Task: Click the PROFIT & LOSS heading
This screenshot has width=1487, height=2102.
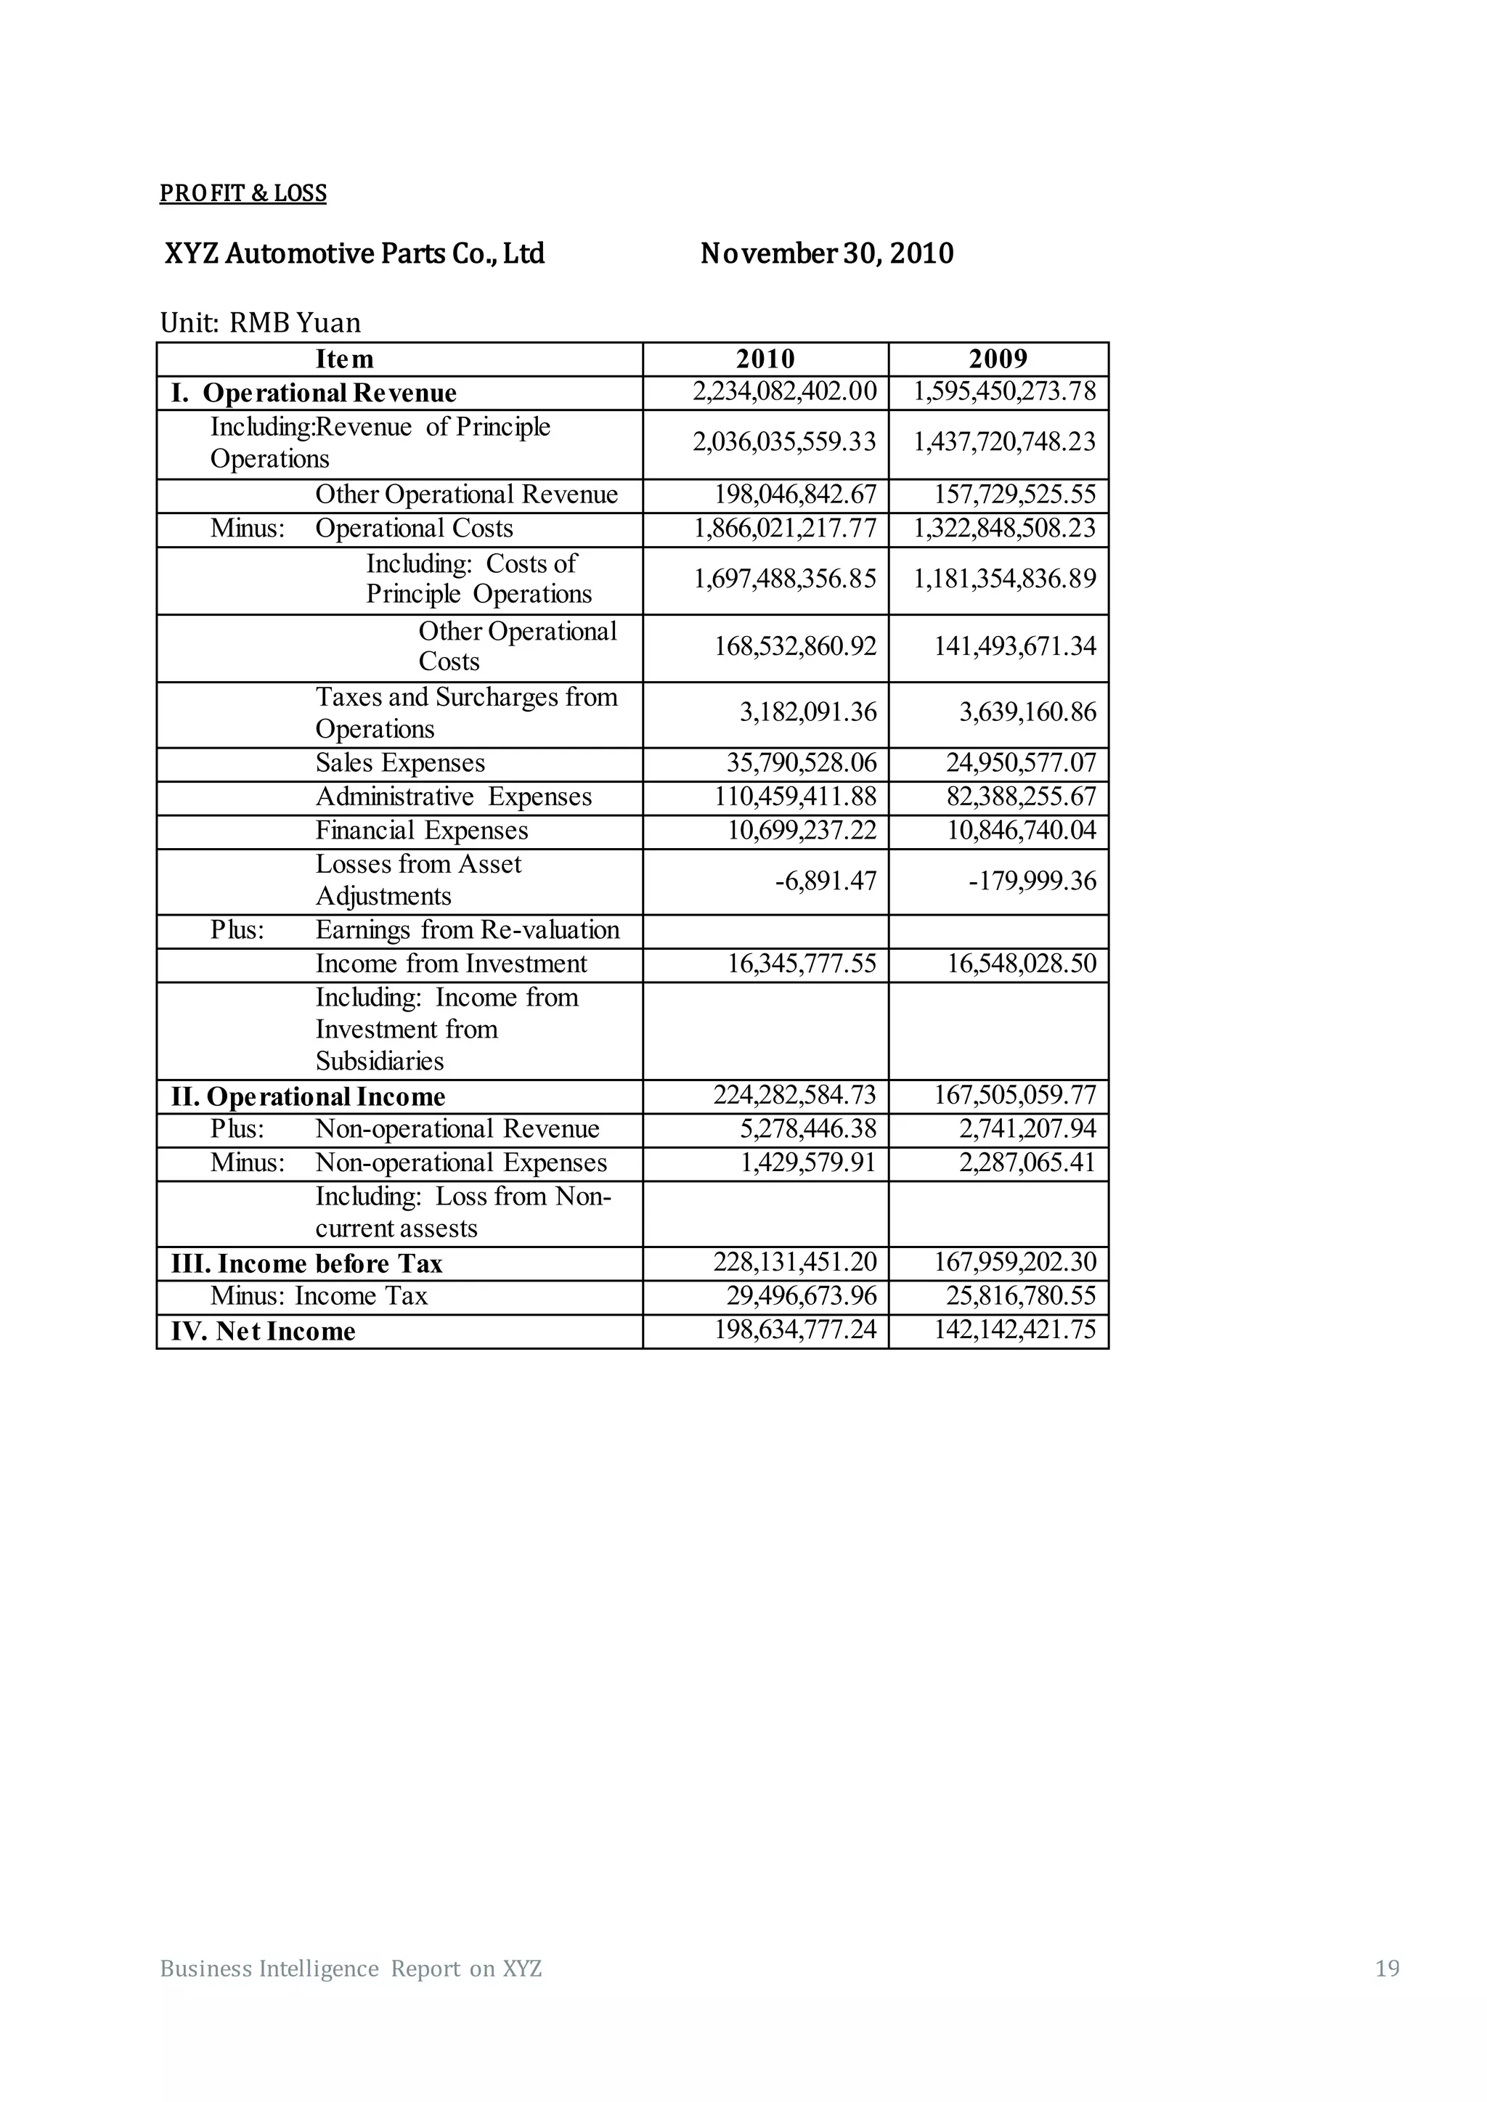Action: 243,193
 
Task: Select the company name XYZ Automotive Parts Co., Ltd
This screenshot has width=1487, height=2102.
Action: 354,253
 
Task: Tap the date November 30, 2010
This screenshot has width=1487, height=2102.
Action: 827,253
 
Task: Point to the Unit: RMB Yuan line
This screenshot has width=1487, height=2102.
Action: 260,323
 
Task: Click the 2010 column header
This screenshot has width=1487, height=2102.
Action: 765,359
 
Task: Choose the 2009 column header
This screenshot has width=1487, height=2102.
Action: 998,359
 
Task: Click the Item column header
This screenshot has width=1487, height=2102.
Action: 344,359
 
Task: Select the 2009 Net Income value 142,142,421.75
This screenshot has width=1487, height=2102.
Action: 1014,1330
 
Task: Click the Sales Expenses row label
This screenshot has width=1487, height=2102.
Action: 400,764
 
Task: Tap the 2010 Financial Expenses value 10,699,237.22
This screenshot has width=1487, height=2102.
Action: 802,831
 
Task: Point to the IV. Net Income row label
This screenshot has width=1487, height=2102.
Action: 263,1331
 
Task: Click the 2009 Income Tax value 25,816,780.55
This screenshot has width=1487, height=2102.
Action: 1021,1296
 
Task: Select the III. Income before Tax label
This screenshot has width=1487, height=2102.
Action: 306,1263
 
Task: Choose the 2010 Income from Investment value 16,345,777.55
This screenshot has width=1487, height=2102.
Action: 802,964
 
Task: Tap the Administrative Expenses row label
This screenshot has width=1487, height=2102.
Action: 453,797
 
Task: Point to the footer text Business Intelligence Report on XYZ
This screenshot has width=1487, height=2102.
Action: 351,1968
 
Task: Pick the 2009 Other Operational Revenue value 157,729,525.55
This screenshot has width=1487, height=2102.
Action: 1014,495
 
